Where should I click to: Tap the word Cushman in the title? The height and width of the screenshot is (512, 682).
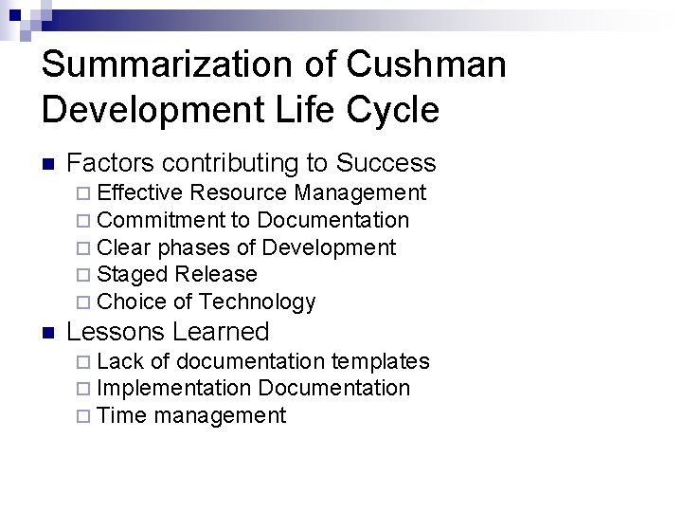pos(426,64)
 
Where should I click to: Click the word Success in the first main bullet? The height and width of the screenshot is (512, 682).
pos(387,163)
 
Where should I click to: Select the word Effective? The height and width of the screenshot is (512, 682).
pos(139,193)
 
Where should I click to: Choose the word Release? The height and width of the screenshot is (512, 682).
pos(216,275)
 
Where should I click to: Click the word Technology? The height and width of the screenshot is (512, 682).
pos(258,302)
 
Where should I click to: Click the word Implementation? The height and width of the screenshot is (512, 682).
pos(174,389)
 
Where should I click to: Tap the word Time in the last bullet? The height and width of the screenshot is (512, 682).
pos(121,415)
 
